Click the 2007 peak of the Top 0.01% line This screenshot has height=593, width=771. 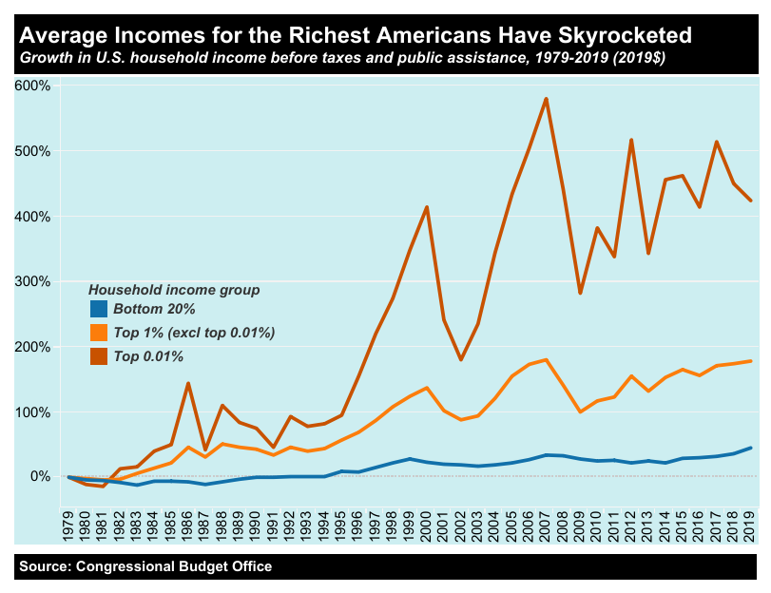point(546,99)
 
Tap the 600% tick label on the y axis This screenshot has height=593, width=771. point(34,86)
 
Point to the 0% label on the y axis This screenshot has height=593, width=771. point(42,476)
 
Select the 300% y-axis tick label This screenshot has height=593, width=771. point(34,281)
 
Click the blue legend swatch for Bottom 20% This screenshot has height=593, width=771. point(99,309)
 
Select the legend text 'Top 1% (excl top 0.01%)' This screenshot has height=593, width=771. point(194,333)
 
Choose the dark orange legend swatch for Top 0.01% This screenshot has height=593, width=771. point(99,356)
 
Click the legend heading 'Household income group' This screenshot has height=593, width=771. point(174,288)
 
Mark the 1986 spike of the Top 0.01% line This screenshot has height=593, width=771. point(188,384)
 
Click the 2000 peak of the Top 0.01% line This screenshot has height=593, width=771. point(427,207)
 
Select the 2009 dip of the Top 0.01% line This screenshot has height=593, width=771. point(580,293)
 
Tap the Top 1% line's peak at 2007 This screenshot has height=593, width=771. point(546,359)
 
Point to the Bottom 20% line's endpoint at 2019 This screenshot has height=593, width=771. point(751,448)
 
